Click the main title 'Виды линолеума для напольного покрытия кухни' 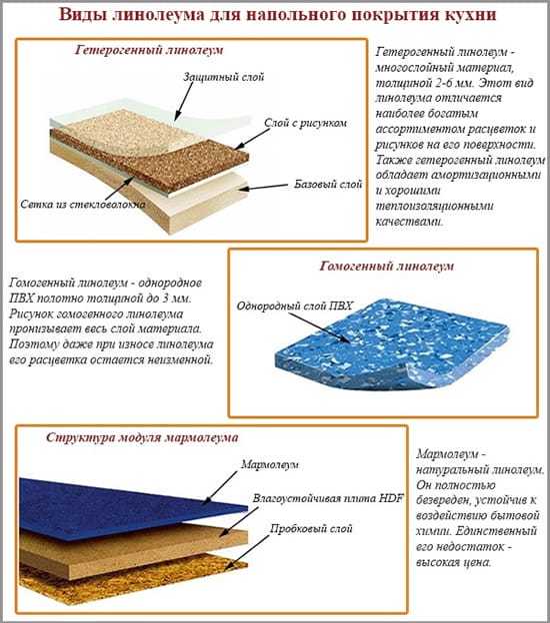(277, 15)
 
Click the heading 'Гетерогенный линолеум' (149, 50)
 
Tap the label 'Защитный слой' (224, 77)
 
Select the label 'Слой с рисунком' (306, 123)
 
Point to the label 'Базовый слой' (328, 185)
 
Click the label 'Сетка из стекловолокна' (83, 205)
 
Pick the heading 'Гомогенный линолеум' (386, 266)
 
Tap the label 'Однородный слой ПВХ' (295, 306)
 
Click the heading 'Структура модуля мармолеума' (142, 437)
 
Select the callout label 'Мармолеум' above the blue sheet (270, 464)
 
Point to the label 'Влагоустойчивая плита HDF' (328, 498)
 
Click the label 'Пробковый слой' (311, 529)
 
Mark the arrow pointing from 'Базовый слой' (263, 187)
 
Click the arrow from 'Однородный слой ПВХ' (319, 328)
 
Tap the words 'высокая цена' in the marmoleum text (454, 563)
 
